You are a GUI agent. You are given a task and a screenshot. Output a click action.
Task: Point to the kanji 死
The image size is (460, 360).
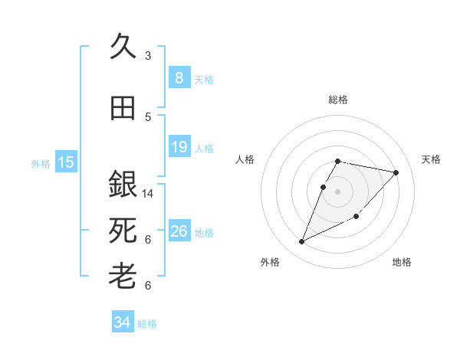pos(123,230)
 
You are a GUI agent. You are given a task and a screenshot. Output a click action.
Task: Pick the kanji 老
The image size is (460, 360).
pos(123,275)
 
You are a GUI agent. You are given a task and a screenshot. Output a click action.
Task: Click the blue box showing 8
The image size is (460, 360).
pos(179,77)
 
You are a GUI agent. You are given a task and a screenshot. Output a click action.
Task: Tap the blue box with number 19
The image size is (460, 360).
pos(179,147)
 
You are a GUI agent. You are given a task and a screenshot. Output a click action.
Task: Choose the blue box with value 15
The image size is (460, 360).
pos(66,162)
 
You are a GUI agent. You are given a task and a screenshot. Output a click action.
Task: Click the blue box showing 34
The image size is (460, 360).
pos(122,322)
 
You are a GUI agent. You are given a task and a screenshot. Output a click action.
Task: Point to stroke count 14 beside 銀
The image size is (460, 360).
pos(148,194)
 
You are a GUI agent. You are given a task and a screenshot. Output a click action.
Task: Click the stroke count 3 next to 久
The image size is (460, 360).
pos(148,55)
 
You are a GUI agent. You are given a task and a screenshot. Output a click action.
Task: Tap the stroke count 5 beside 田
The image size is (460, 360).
pos(148,117)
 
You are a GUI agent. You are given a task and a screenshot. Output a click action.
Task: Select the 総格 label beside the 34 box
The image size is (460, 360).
pos(147,324)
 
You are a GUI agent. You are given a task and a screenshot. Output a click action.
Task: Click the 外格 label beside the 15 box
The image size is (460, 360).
pos(41,163)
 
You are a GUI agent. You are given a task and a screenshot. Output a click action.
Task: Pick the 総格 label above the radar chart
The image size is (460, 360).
pos(338,100)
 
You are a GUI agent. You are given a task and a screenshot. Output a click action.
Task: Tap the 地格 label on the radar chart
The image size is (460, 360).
pos(402,262)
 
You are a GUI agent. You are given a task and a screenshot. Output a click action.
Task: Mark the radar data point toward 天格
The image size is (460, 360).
pos(396,172)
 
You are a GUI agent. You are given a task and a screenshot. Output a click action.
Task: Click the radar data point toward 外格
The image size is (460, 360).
pos(301,242)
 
